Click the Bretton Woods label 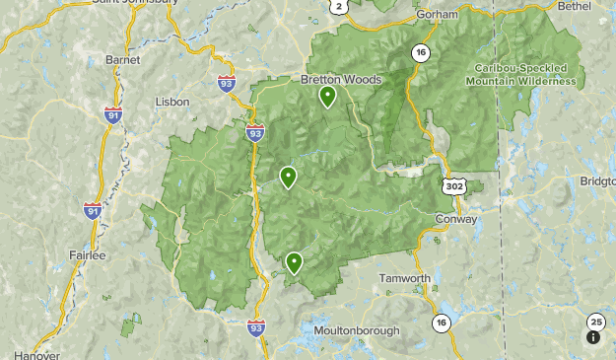click(x=340, y=80)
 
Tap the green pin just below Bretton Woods click(x=327, y=97)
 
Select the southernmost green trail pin click(x=294, y=262)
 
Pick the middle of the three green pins click(x=288, y=178)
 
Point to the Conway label click(x=455, y=219)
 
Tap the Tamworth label click(x=405, y=279)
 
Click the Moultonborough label click(x=357, y=330)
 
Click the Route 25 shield click(x=595, y=322)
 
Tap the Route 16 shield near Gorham click(x=421, y=53)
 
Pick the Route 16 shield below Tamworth click(x=440, y=323)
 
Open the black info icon click(x=593, y=337)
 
